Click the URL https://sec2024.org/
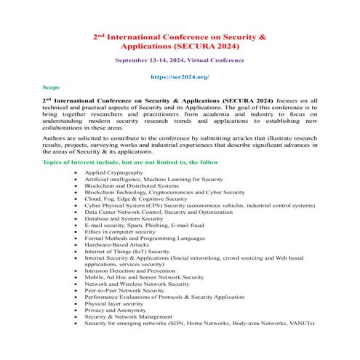[179, 76]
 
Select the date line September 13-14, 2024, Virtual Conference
[179, 60]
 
